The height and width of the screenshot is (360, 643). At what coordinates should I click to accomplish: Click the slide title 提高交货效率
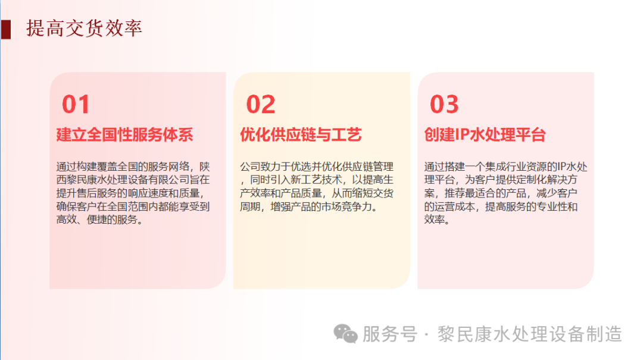tap(84, 28)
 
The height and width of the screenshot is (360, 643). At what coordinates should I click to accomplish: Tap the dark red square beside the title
tap(6, 29)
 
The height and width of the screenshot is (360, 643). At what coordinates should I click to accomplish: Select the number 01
tap(76, 105)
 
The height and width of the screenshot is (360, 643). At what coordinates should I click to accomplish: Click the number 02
tap(261, 105)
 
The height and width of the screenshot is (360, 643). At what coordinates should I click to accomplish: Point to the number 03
tap(444, 105)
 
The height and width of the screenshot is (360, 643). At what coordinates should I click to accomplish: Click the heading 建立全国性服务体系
tap(124, 134)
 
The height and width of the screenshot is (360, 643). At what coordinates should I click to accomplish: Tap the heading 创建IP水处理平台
tap(485, 134)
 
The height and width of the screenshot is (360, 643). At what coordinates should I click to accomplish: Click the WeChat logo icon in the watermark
tap(345, 334)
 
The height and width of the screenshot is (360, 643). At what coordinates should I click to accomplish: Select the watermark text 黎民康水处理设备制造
tap(530, 334)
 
